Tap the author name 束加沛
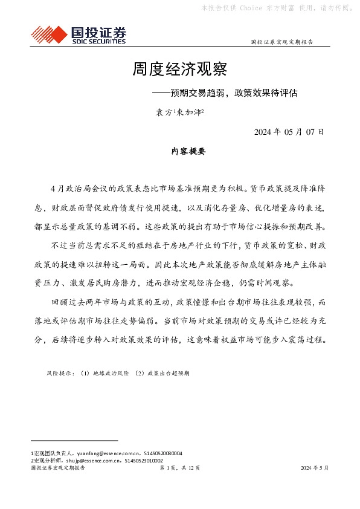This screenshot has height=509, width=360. (x=190, y=112)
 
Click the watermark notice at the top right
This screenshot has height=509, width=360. (x=275, y=8)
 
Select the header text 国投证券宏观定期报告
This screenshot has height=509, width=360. (x=281, y=42)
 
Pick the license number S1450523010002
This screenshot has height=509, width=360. (x=144, y=460)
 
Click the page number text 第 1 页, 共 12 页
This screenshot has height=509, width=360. (x=179, y=468)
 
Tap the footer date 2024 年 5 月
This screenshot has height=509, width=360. (x=314, y=468)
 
